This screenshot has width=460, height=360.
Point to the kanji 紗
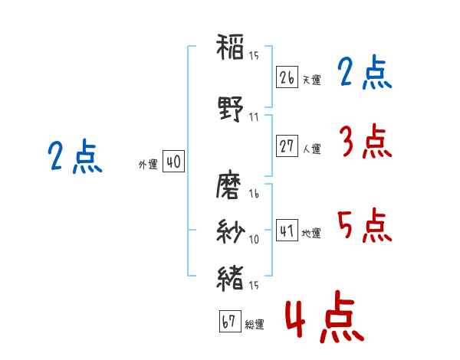(230, 231)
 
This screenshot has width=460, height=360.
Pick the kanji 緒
(230, 277)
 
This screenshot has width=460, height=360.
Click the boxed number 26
(287, 77)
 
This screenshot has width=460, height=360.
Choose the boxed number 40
(172, 162)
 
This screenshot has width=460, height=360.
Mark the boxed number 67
(229, 322)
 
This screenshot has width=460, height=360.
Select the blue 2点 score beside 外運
(74, 157)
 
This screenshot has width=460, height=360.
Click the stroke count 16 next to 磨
(254, 195)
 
